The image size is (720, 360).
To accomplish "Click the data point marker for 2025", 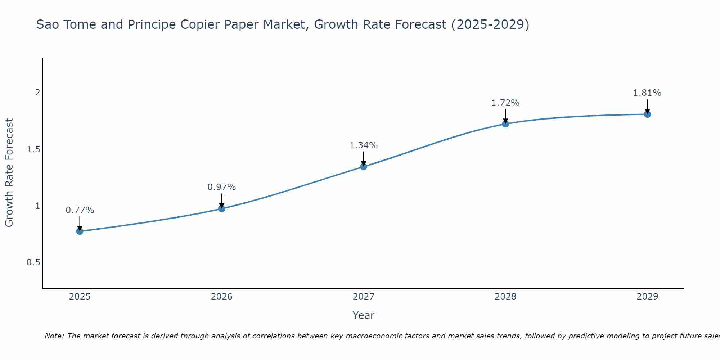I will pos(80,231).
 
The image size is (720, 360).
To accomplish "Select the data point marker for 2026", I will pos(221,208).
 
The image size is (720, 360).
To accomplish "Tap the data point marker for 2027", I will pos(364,166).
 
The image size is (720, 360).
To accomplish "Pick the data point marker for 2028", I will pos(505,124).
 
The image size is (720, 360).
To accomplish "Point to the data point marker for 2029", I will pos(647,114).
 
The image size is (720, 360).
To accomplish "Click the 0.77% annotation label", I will pos(80,210).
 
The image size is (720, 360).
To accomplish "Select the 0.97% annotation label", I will pos(221,187).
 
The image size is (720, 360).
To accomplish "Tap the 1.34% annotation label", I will pos(364,145).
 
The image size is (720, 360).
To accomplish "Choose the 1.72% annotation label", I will pos(505,103).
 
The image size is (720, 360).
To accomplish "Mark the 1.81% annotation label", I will pos(647,93).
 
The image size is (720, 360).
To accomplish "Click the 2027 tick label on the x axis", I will pos(364,297).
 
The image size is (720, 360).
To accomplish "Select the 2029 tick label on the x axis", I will pos(647,297).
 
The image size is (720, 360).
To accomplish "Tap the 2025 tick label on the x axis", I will pos(80,297).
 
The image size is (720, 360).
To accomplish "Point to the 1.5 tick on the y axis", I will pos(33,149).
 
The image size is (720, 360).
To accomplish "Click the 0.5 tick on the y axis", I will pos(33,262).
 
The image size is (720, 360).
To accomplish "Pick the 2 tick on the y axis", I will pos(37,93).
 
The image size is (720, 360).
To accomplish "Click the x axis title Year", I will pos(364,315).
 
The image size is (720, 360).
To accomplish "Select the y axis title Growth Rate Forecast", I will pos(9,173).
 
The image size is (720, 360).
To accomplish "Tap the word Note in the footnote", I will pos(54,336).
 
